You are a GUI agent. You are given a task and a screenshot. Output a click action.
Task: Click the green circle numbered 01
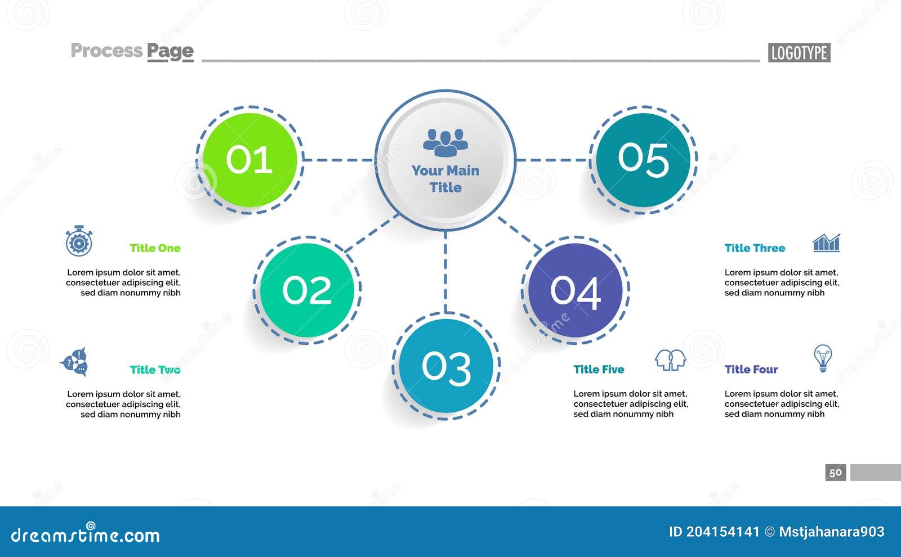click(249, 160)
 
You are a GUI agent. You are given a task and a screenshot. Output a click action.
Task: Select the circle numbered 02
click(307, 290)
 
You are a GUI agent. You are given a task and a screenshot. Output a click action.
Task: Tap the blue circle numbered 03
click(446, 366)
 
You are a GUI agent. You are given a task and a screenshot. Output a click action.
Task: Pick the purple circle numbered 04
click(575, 290)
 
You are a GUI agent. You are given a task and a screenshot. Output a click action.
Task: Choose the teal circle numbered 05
click(643, 160)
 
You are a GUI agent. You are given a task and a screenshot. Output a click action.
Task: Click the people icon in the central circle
click(445, 142)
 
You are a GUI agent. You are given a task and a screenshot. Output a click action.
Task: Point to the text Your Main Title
click(445, 179)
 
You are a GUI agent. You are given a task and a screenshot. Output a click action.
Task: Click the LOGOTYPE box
click(799, 53)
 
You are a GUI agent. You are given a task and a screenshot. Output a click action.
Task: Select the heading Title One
click(155, 248)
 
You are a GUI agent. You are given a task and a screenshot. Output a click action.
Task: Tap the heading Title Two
click(155, 370)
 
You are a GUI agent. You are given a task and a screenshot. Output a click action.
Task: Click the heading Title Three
click(755, 248)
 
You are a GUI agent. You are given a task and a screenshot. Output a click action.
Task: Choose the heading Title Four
click(751, 370)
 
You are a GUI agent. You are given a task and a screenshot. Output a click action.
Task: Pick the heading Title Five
click(599, 370)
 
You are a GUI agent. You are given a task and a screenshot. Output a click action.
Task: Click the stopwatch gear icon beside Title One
click(79, 241)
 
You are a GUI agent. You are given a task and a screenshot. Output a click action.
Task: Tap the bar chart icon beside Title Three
click(826, 242)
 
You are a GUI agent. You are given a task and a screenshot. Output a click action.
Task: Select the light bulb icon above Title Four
click(823, 358)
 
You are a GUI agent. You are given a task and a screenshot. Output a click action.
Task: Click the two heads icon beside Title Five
click(670, 360)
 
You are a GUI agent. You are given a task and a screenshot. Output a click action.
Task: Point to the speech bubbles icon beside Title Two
click(75, 362)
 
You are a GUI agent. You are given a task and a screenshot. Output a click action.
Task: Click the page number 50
click(836, 473)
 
